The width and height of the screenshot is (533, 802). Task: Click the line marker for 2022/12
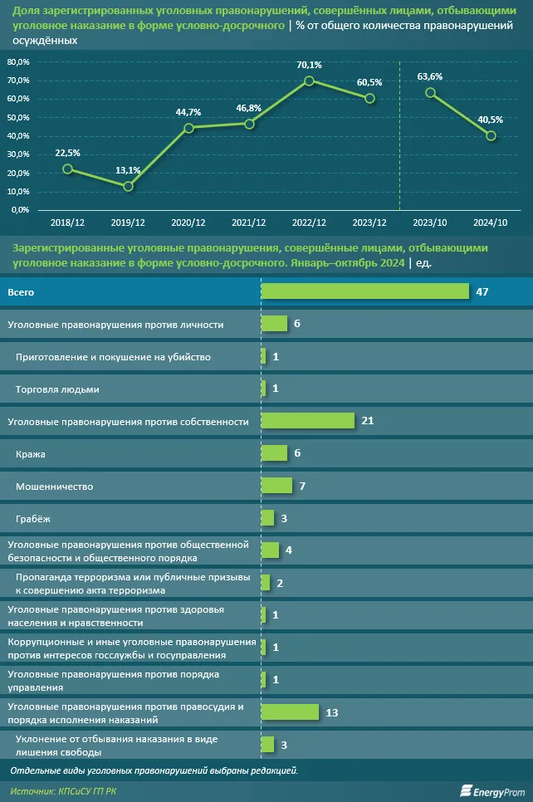[309, 81]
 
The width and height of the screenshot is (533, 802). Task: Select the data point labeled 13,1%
[128, 186]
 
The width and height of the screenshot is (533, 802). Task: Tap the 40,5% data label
[491, 119]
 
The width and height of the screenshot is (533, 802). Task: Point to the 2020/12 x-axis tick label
[188, 223]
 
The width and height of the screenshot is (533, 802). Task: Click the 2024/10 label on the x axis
[491, 223]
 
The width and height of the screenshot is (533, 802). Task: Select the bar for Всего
[365, 291]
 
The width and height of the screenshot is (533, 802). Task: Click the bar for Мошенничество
[276, 486]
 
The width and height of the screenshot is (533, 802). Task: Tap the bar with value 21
[308, 421]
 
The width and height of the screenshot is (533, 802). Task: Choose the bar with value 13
[290, 712]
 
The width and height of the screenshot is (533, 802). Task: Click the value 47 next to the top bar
[482, 291]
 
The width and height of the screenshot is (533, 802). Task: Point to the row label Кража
[31, 454]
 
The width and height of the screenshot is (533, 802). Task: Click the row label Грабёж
[34, 519]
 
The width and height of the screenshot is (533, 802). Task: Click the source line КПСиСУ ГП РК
[64, 792]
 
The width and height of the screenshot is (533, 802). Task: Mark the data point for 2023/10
[430, 92]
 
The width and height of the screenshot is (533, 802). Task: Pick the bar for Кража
[274, 453]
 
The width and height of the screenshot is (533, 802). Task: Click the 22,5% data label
[67, 153]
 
